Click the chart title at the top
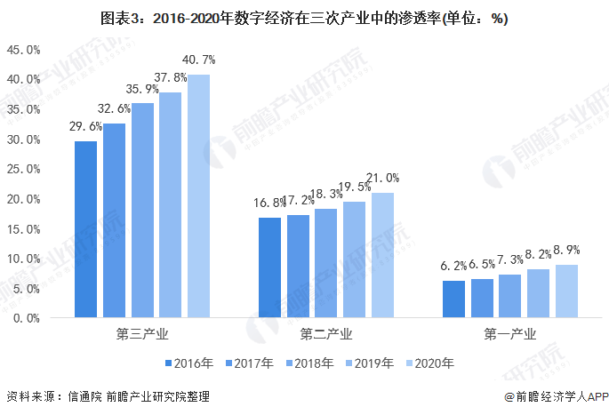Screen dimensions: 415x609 click(304, 18)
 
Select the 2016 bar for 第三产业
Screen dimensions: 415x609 click(86, 229)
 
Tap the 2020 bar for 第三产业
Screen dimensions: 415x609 click(198, 196)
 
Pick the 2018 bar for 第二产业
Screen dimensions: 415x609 click(325, 263)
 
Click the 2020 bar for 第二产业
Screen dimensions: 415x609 click(382, 255)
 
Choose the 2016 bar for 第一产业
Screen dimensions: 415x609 click(453, 299)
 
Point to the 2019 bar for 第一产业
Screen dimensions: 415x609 click(538, 292)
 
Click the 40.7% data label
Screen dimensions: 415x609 click(199, 60)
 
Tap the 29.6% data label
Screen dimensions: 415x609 click(86, 126)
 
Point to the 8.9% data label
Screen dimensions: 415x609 click(567, 251)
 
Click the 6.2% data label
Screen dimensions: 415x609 click(453, 266)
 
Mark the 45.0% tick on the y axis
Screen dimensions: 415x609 click(22, 50)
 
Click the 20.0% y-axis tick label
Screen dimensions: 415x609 click(22, 198)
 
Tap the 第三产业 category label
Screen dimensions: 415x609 click(142, 335)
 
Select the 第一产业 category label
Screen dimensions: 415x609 click(510, 335)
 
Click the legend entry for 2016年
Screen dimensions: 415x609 click(188, 363)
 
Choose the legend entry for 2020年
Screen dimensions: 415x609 click(429, 363)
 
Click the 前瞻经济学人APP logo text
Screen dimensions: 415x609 click(553, 397)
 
